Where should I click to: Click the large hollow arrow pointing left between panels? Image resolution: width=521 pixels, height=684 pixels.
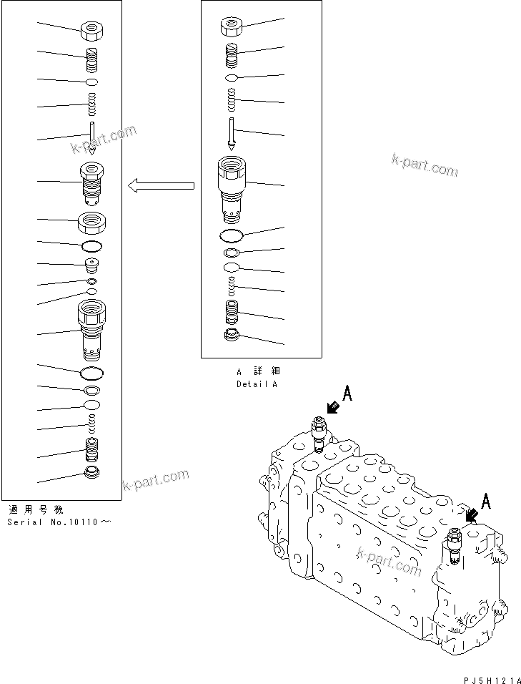pos(161,187)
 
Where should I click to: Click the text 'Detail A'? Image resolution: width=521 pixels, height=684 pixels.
pos(257,384)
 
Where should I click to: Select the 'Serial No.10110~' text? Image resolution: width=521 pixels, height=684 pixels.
pos(59,522)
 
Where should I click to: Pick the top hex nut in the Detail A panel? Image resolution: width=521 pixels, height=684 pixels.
pos(231,26)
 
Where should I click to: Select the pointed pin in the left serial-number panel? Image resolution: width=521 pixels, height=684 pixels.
pos(93,139)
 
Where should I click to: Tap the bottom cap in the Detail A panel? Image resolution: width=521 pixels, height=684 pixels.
pos(232,336)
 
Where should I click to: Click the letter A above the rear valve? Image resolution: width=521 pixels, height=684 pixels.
pos(347,393)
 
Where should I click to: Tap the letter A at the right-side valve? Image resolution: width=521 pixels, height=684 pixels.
pos(486,502)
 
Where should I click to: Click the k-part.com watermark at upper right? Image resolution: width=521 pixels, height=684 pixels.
pos(425,165)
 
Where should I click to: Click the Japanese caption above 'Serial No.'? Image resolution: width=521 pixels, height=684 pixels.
pos(35,510)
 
